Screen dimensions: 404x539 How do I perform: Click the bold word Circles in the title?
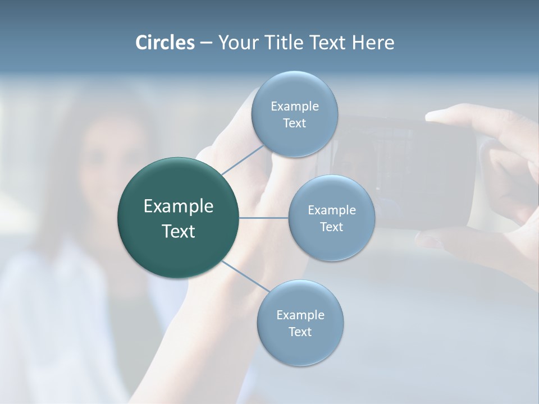point(165,43)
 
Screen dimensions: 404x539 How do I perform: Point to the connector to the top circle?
point(243,159)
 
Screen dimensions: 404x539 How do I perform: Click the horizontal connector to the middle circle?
point(264,218)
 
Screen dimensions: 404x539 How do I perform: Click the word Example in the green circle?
point(178,206)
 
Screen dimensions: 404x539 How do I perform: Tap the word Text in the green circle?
point(178,231)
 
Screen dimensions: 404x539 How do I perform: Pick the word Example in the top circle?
point(294,106)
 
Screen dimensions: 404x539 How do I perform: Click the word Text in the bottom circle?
point(300,332)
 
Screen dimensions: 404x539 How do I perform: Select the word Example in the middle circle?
point(331,210)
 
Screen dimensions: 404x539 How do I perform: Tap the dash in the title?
point(206,43)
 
